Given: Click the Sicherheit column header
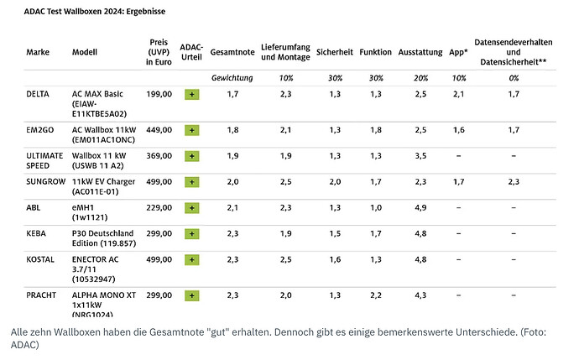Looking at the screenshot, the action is pyautogui.click(x=335, y=52).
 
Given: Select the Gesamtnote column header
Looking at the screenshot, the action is pyautogui.click(x=232, y=52).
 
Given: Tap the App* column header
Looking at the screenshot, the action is pyautogui.click(x=458, y=52).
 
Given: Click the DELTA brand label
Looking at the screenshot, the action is pyautogui.click(x=38, y=94).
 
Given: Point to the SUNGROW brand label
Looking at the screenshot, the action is pyautogui.click(x=46, y=181).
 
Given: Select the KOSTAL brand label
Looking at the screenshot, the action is pyautogui.click(x=40, y=259).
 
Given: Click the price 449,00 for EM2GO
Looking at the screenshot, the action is pyautogui.click(x=159, y=130).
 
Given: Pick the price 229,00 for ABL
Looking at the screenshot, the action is pyautogui.click(x=159, y=208).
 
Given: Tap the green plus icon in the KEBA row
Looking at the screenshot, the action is pyautogui.click(x=192, y=234).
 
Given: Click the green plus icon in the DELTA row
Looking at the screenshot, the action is pyautogui.click(x=192, y=95).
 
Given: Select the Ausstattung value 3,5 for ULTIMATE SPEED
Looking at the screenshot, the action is pyautogui.click(x=420, y=156).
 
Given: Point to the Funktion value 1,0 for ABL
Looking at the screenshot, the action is pyautogui.click(x=376, y=208).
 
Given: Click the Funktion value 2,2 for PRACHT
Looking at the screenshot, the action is pyautogui.click(x=376, y=295).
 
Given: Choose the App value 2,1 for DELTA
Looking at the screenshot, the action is pyautogui.click(x=459, y=94).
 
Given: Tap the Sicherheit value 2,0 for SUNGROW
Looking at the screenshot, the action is pyautogui.click(x=335, y=181).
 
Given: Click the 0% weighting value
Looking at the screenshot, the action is pyautogui.click(x=514, y=78).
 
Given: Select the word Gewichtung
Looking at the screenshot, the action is pyautogui.click(x=232, y=78).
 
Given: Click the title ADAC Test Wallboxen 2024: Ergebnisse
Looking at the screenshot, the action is pyautogui.click(x=95, y=12).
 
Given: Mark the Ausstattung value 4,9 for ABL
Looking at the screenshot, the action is pyautogui.click(x=420, y=208).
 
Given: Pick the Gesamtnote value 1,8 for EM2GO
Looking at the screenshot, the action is pyautogui.click(x=232, y=130).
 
